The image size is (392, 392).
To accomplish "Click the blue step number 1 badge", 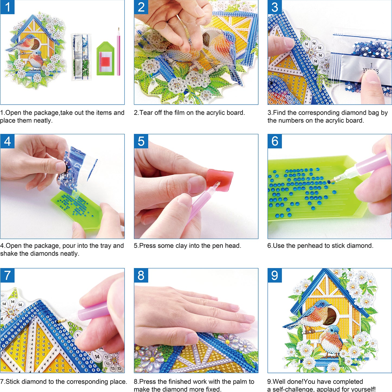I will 7,7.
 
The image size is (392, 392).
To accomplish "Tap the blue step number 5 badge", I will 141,141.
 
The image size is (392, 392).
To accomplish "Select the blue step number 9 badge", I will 275,275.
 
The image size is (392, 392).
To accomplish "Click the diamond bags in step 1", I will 81,57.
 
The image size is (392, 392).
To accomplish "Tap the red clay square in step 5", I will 220,179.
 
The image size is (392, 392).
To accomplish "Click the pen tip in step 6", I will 332,181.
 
